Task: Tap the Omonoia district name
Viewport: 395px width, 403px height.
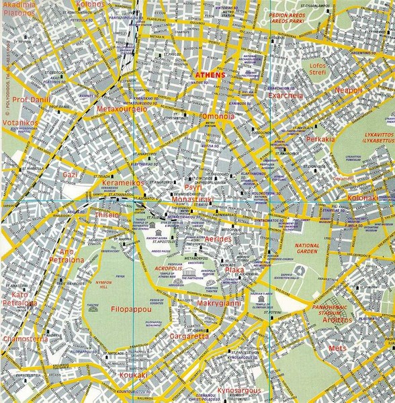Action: (x=218, y=116)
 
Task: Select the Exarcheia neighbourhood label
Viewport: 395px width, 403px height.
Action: (x=286, y=96)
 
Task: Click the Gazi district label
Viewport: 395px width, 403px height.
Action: (x=71, y=174)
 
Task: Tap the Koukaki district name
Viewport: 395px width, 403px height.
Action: (x=132, y=375)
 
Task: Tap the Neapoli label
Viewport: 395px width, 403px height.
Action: (x=348, y=90)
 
